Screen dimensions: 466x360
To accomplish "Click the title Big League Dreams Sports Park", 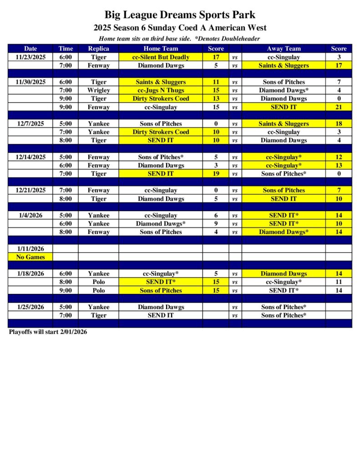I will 180,15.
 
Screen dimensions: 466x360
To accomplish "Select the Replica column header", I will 98,49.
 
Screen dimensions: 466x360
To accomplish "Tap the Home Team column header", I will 161,49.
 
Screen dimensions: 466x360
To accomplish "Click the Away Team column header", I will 284,49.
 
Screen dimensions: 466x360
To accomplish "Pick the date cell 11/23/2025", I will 30,57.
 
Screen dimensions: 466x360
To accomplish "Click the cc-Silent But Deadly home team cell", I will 161,57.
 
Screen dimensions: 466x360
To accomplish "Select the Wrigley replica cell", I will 98,91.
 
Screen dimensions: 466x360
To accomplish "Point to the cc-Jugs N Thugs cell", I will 161,91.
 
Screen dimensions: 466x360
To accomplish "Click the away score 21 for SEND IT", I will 339,107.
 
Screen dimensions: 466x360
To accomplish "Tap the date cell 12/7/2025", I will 30,124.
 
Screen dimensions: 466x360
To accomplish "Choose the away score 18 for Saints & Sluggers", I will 339,124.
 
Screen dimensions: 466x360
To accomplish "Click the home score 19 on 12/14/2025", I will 216,174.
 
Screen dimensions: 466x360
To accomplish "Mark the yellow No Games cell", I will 30,257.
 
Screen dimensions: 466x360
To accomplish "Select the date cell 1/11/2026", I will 30,249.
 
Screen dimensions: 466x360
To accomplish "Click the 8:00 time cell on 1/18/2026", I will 66,282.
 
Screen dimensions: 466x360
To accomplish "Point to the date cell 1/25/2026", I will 30,307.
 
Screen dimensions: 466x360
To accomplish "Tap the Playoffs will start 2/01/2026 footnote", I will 48,332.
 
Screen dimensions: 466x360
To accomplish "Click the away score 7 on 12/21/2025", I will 339,190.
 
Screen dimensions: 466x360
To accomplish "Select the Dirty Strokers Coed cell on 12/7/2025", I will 161,132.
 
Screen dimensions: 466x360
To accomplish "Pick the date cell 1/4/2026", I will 30,215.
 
